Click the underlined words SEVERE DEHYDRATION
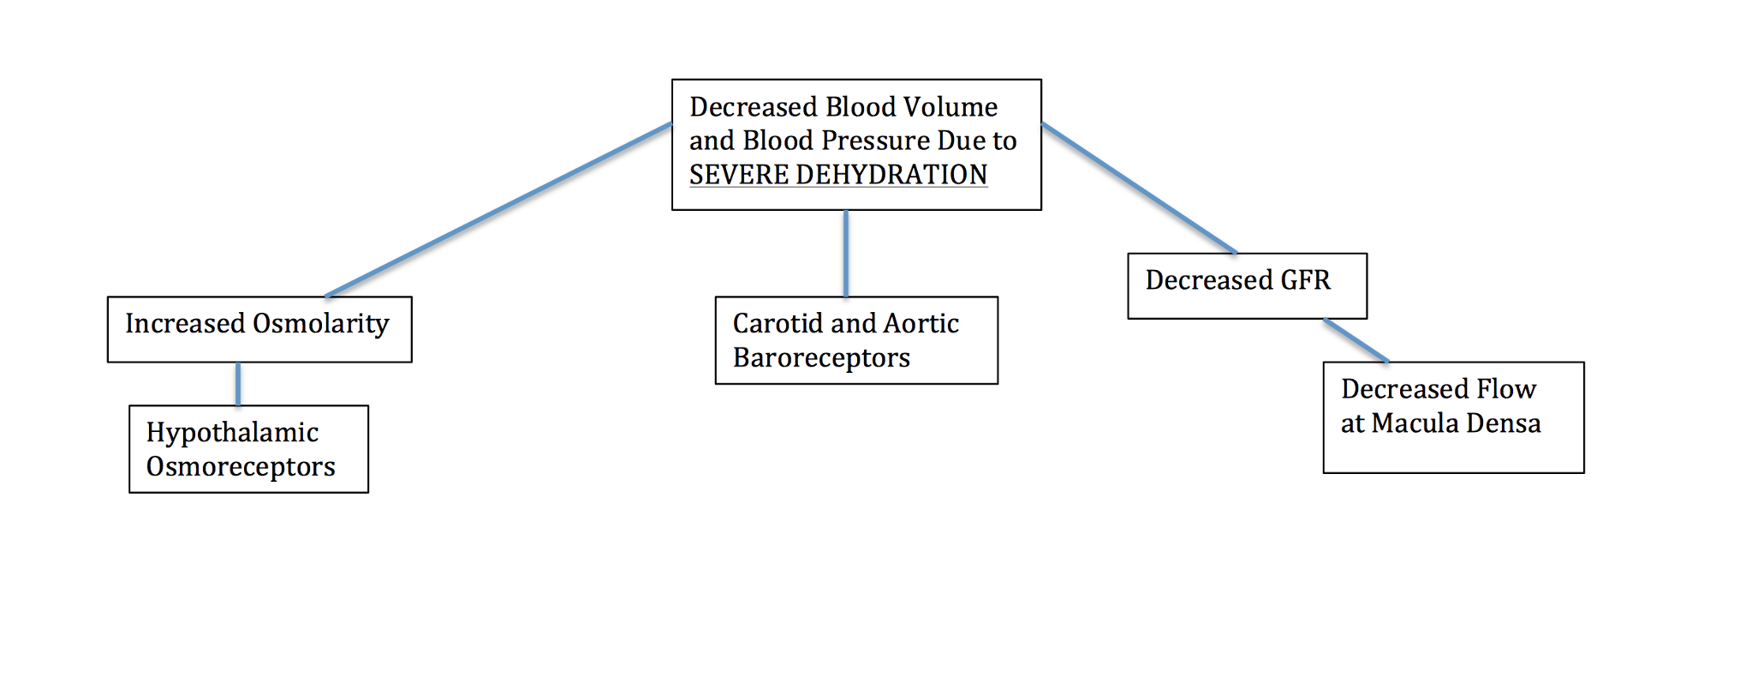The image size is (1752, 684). click(x=837, y=175)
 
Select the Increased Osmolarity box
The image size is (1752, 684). click(x=259, y=329)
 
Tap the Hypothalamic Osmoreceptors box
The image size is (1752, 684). click(x=248, y=449)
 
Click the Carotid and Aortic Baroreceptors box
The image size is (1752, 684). click(x=856, y=340)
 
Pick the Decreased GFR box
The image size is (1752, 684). click(x=1247, y=286)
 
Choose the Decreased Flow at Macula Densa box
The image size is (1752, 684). click(x=1453, y=417)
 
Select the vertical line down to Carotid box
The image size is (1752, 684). click(x=846, y=254)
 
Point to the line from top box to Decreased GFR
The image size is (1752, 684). click(x=1139, y=189)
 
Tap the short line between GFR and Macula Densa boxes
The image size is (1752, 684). click(x=1356, y=340)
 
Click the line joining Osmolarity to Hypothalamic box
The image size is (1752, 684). click(x=238, y=384)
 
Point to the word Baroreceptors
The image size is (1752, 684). click(x=821, y=357)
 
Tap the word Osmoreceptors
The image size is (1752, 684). click(x=241, y=466)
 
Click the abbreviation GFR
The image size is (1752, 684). click(x=1305, y=280)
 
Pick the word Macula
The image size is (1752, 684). click(x=1413, y=423)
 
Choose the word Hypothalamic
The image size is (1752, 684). click(x=232, y=433)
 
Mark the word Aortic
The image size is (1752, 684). click(x=921, y=324)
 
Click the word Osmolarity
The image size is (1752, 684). click(x=321, y=324)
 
